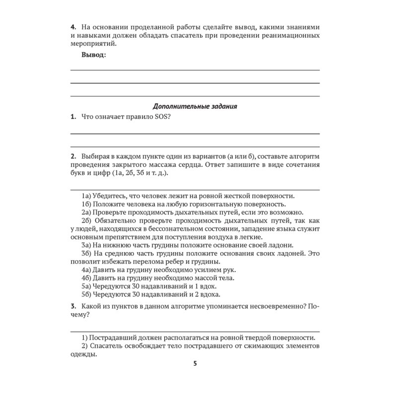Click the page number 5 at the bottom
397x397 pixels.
coord(195,364)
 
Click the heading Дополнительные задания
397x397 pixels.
coord(195,106)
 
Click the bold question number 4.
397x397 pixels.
coord(72,26)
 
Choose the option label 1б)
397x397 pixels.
coord(87,204)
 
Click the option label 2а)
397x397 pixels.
coord(87,212)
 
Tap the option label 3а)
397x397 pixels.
coord(87,245)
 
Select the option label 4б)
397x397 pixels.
coord(87,278)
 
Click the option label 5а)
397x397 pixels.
coord(87,286)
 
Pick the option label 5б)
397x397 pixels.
coord(87,294)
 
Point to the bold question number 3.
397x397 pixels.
coord(72,307)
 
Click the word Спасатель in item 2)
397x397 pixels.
coord(107,346)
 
